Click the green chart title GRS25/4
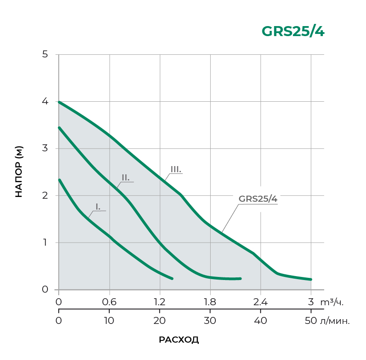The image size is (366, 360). tap(292, 32)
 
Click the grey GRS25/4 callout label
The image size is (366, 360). tap(258, 199)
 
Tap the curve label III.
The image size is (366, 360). tap(176, 169)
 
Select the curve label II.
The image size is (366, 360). tap(125, 177)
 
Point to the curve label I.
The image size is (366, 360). tap(98, 207)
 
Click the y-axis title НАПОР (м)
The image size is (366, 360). tap(18, 172)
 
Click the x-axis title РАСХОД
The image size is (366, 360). tap(179, 340)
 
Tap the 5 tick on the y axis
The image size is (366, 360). tap(45, 54)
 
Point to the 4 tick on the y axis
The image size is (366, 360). tap(45, 101)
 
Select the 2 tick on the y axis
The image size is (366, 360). tap(45, 195)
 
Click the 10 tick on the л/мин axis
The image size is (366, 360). tap(109, 321)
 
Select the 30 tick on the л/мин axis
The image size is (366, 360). tap(210, 321)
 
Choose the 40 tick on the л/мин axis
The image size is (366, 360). tap(260, 321)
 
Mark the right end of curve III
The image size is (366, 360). tap(311, 279)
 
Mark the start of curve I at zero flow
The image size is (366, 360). tap(59, 180)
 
